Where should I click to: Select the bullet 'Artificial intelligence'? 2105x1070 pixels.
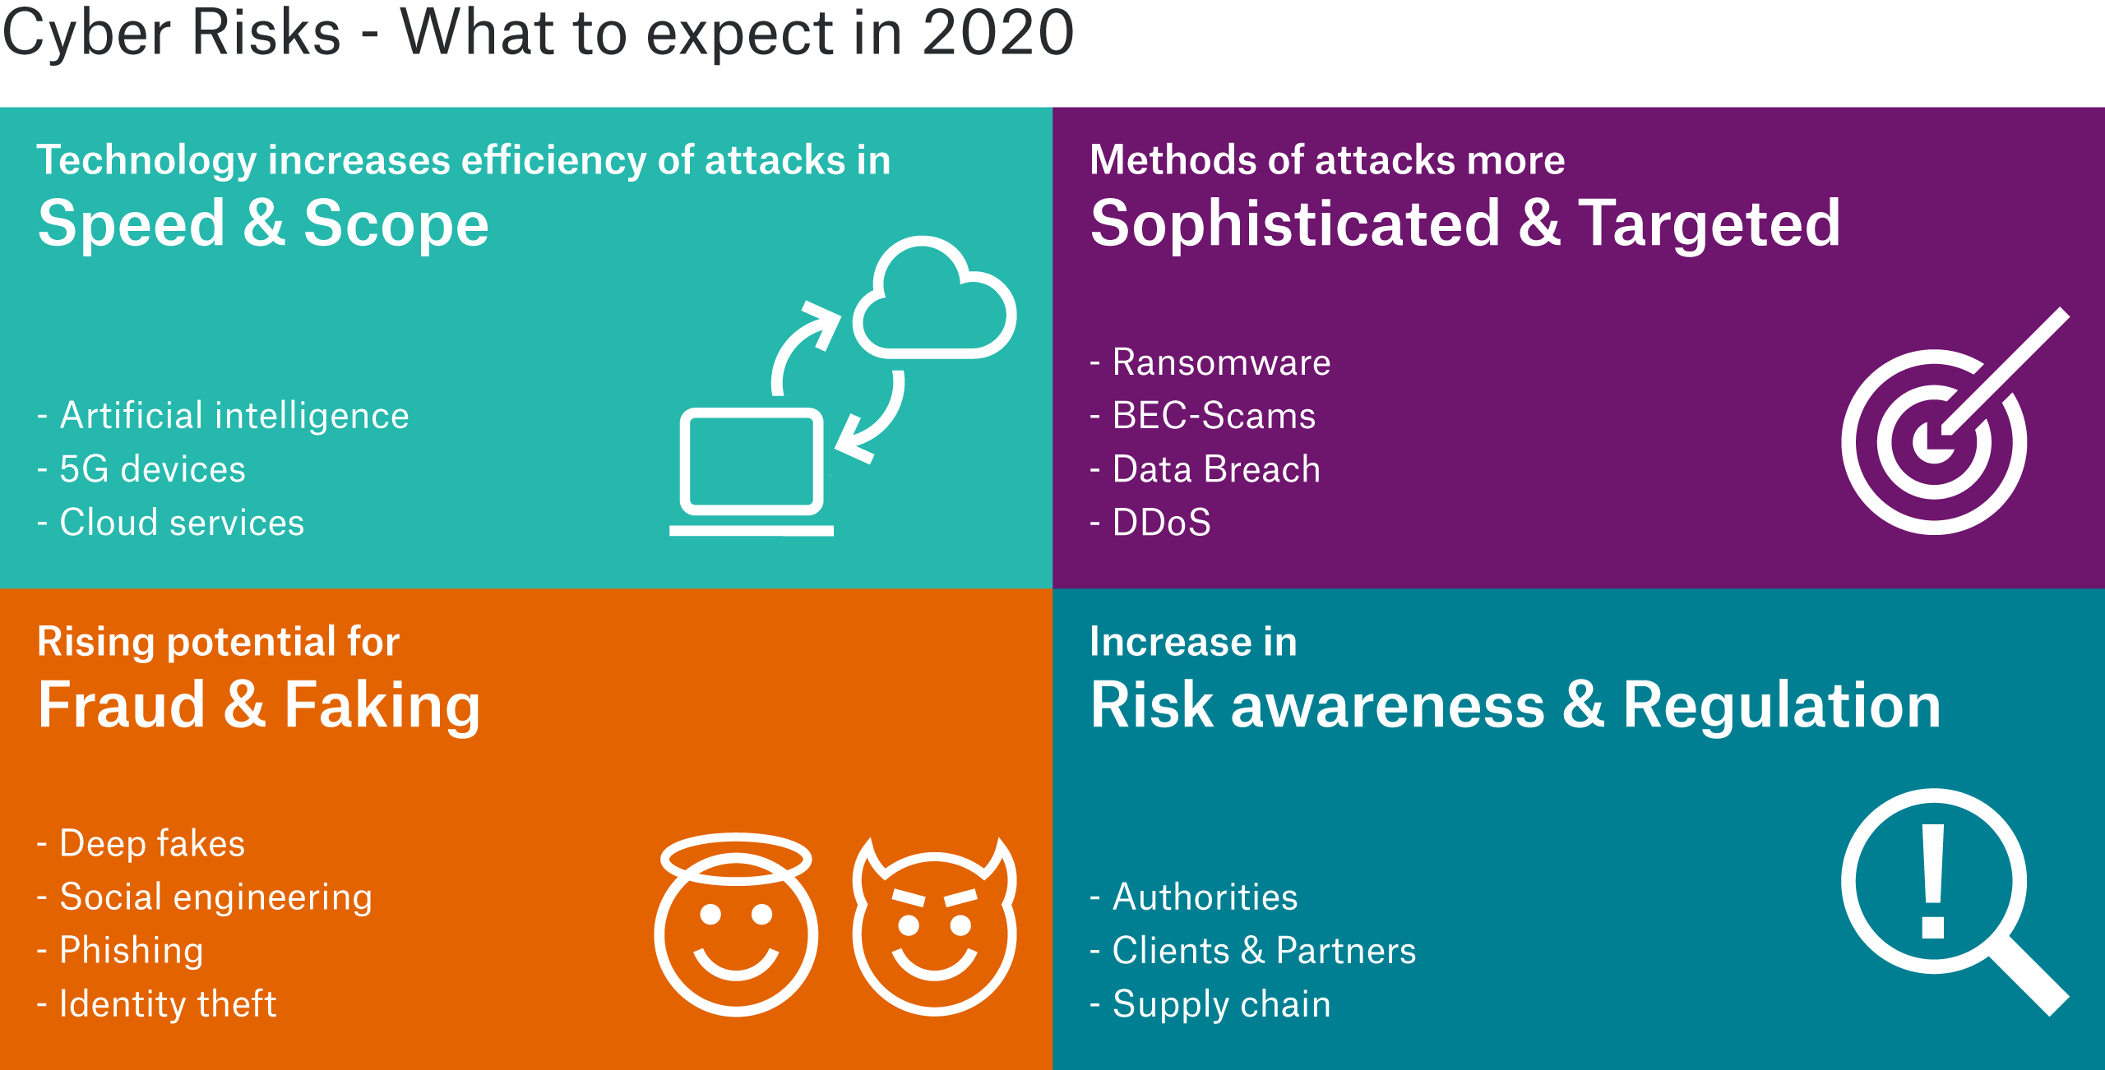pos(223,416)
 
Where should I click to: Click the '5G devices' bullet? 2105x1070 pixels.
pos(141,469)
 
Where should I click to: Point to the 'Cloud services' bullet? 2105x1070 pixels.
pos(170,523)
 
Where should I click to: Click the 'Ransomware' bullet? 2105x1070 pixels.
pos(1210,362)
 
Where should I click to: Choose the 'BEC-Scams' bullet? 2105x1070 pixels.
pos(1202,416)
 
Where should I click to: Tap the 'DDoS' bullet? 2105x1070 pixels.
pos(1150,523)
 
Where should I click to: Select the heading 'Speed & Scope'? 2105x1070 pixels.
pos(264,224)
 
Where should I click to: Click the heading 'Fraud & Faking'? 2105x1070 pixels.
pos(259,706)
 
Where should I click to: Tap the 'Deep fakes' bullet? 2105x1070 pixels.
pos(141,844)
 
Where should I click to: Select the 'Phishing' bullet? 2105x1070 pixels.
pos(120,951)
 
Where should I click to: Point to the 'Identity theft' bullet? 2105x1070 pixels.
pos(156,1004)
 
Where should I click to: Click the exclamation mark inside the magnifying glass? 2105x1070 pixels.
pos(1933,882)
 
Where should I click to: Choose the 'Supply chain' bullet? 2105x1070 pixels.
pos(1210,1004)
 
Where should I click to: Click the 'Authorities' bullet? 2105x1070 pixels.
pos(1193,897)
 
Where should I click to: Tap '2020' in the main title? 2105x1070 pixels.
pos(997,33)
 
